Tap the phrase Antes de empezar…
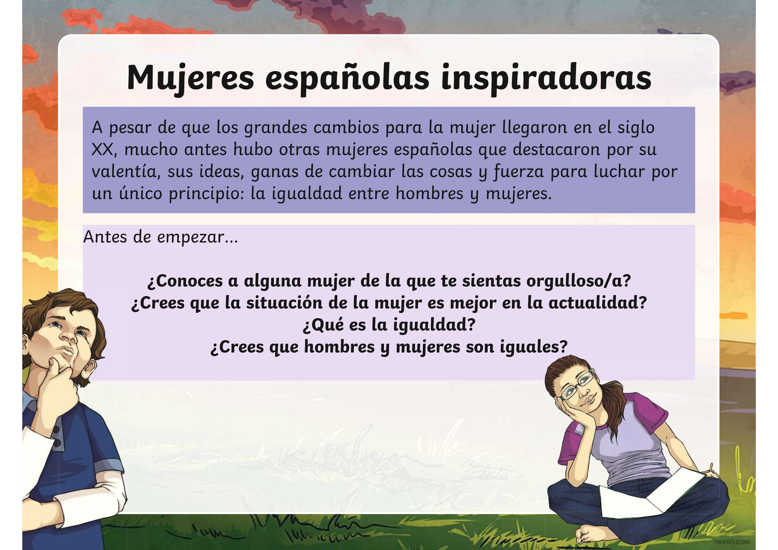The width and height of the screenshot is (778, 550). [x=161, y=237]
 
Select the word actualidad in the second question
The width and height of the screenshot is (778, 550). [x=597, y=303]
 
